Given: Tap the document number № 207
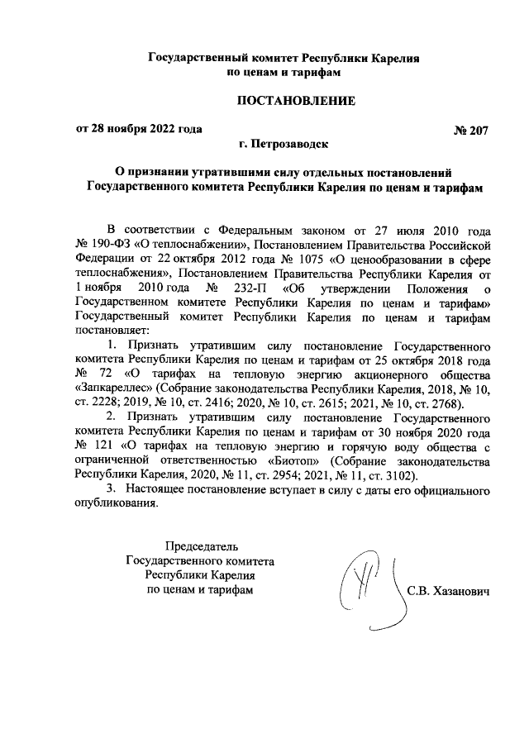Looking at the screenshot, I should (472, 130).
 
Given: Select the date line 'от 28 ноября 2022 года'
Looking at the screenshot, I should (139, 129).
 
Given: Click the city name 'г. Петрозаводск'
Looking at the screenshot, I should (284, 145).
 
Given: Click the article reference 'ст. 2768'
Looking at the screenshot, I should (443, 403).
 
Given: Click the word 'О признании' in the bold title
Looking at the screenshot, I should (151, 174).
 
